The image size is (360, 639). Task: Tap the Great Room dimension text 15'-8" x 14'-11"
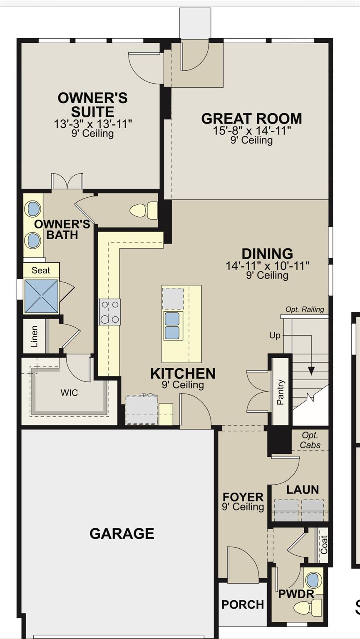(x=252, y=131)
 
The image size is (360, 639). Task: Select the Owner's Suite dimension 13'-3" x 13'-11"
(x=93, y=124)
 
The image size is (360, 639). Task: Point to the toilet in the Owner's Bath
(x=143, y=211)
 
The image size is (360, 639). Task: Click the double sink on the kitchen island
(x=172, y=325)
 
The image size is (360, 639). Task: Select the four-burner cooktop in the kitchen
(x=109, y=312)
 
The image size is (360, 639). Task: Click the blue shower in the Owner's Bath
(x=41, y=296)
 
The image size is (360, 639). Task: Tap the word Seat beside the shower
(x=40, y=270)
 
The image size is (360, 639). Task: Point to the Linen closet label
(x=34, y=336)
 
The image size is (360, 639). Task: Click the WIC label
(x=69, y=393)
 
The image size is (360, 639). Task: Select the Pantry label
(x=281, y=392)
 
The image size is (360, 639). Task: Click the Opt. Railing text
(x=305, y=309)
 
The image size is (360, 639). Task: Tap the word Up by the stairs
(x=275, y=335)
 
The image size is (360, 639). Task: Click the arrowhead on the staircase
(x=311, y=371)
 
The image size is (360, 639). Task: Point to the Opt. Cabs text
(x=310, y=440)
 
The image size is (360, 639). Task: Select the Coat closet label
(x=324, y=545)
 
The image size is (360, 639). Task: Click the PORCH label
(x=243, y=604)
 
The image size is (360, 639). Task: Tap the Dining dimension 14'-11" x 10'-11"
(x=268, y=265)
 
